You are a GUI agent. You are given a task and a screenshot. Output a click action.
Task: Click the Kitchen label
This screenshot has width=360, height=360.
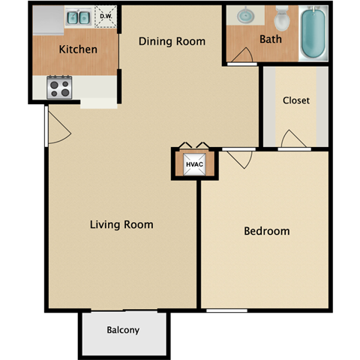pos(78,49)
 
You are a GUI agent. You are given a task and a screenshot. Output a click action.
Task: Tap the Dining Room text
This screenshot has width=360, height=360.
pos(172,41)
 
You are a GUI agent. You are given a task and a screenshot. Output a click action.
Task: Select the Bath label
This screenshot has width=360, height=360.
pos(270,39)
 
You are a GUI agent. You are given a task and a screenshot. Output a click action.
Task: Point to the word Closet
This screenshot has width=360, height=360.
pos(295,100)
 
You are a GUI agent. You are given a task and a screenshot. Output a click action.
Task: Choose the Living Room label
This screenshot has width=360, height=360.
pos(121,224)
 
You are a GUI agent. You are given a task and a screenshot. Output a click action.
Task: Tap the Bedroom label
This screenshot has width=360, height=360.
pos(266,231)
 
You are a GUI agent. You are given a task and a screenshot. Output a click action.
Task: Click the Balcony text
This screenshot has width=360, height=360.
pos(122,330)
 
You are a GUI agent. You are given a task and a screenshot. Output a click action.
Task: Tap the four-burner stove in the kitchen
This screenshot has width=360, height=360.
pos(59,88)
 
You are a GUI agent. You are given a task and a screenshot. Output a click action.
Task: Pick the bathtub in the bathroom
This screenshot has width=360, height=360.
pos(313,34)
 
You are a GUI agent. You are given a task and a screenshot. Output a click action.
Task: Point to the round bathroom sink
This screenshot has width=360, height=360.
pos(247,16)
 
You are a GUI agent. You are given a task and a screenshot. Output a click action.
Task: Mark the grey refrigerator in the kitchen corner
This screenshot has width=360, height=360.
pos(46,20)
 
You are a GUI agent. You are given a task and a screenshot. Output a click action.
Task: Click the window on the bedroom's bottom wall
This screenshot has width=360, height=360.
pos(226,310)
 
